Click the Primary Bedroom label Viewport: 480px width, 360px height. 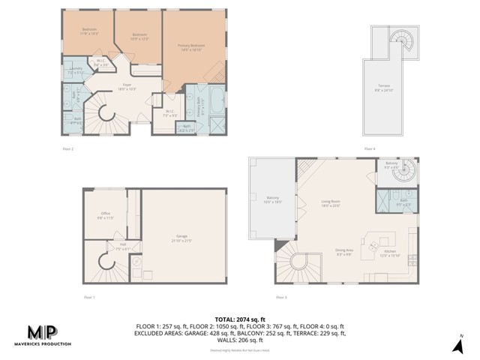191,46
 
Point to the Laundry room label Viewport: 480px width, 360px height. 76,70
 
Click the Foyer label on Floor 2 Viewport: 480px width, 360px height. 127,86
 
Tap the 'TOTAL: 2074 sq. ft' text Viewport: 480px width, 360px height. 239,319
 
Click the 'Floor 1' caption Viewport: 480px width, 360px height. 89,298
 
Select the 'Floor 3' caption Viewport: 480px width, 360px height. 281,298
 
